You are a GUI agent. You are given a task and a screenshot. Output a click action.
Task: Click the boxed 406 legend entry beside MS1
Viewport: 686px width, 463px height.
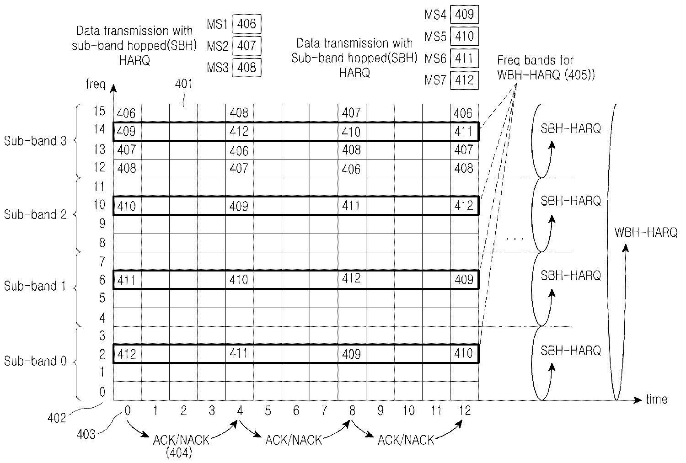coord(247,24)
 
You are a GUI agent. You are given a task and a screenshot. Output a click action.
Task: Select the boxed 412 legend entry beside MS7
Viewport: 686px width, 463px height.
coord(465,80)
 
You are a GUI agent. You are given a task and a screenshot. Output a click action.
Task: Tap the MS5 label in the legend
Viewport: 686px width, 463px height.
coord(435,36)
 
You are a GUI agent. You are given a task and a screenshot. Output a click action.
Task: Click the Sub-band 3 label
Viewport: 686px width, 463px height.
coord(35,141)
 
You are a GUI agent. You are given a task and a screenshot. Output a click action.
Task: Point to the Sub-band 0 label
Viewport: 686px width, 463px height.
coord(35,361)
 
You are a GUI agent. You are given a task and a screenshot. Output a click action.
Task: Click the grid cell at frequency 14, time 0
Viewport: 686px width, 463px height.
coord(127,132)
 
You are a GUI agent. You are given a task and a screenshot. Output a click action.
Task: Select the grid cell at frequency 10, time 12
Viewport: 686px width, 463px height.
coord(464,206)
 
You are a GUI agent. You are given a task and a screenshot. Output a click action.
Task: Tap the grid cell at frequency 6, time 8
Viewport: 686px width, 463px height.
coord(352,279)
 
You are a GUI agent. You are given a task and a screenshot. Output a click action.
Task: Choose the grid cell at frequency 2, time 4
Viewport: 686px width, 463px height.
coord(239,353)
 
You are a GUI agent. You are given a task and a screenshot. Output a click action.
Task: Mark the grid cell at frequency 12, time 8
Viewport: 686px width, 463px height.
coord(352,169)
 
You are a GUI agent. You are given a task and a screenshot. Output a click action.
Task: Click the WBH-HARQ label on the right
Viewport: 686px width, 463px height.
coord(646,232)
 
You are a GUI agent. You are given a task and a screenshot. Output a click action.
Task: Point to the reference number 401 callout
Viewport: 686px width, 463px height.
coord(184,84)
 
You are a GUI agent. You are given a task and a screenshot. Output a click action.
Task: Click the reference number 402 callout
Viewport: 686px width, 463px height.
coord(57,417)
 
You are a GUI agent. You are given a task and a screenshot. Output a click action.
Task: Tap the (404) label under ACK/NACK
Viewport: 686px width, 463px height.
coord(179,453)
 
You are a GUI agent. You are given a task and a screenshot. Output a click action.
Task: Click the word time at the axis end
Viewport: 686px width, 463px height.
coord(656,399)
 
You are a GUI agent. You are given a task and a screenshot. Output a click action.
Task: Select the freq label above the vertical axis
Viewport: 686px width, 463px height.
coord(96,84)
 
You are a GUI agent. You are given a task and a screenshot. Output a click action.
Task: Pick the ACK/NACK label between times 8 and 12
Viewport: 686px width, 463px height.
coord(406,440)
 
